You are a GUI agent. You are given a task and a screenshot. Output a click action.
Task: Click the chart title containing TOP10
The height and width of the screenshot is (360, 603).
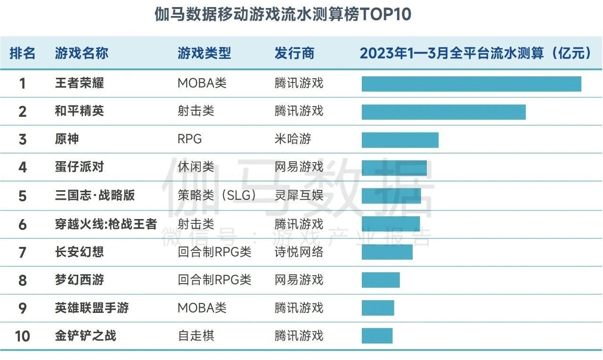[x=283, y=15]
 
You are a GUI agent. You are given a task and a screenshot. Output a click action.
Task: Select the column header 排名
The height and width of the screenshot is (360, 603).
[x=23, y=53]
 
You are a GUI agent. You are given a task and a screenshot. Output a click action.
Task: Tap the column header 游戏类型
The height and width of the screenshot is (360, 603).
[x=204, y=53]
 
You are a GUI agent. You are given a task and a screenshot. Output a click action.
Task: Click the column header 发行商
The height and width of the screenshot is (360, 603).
[x=294, y=53]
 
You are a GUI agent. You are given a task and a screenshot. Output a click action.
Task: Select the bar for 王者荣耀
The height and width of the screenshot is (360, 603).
[x=471, y=84]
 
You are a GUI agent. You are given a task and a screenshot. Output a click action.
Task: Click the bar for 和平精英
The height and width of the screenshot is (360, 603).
[x=443, y=112]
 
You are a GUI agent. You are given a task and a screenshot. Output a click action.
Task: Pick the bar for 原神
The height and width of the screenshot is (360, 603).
[x=400, y=140]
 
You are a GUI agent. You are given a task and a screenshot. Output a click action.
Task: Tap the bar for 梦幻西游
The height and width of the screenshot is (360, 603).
[x=381, y=280]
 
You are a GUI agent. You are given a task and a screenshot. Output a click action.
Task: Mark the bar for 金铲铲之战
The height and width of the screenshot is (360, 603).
[x=377, y=335]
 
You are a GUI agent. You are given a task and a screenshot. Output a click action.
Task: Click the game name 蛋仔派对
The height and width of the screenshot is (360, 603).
[x=79, y=167]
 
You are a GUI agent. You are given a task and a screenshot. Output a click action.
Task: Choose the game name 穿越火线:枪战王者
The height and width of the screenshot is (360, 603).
[x=106, y=224]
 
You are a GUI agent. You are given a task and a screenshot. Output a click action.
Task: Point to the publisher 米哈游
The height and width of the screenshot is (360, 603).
[x=293, y=139]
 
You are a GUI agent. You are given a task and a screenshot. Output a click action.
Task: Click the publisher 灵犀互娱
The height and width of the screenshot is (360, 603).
[x=299, y=195]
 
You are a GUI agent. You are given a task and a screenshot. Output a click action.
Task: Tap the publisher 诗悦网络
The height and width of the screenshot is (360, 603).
[x=299, y=252]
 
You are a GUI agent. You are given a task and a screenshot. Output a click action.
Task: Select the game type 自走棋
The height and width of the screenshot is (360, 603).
[x=196, y=335]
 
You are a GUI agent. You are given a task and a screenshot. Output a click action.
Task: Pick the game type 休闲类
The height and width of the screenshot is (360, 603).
[x=196, y=167]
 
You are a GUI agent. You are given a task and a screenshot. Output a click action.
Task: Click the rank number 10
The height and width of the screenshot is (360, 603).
[x=22, y=336]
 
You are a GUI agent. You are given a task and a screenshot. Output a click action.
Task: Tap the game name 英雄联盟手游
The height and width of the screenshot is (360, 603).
[x=92, y=308]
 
